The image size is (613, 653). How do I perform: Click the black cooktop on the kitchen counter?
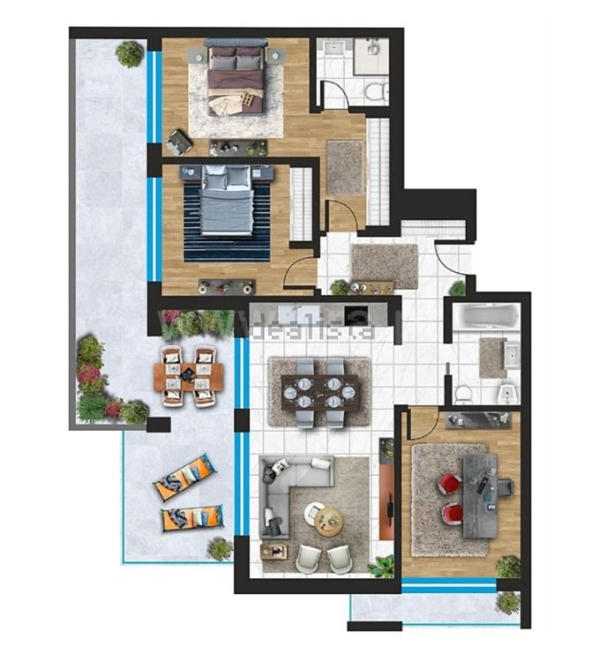pyautogui.click(x=355, y=315)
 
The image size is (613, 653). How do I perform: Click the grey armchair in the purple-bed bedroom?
pyautogui.click(x=179, y=142)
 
